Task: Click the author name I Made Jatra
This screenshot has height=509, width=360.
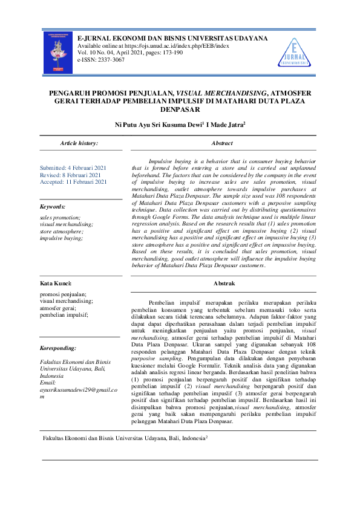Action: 224,125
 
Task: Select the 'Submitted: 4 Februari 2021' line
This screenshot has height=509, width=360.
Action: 73,167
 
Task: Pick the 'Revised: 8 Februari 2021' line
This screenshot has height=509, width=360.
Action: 70,175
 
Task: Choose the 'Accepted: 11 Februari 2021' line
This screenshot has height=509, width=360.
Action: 73,181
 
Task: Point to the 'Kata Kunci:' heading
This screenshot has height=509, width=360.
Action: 56,283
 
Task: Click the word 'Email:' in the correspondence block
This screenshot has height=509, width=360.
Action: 48,382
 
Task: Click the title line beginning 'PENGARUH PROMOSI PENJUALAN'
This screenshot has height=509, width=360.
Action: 180,94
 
